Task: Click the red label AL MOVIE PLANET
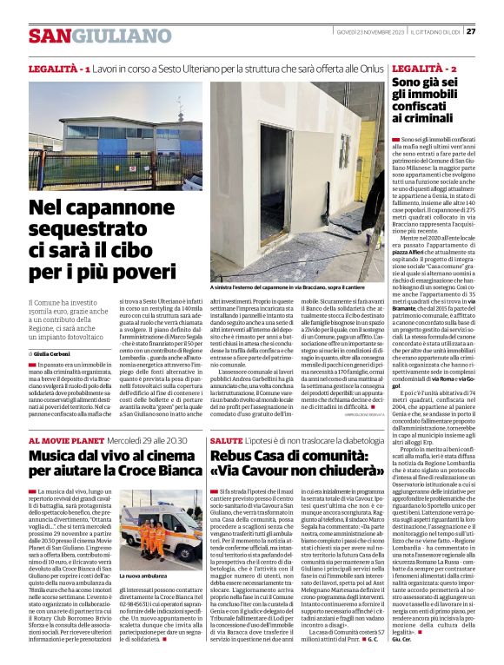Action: coord(66,441)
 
